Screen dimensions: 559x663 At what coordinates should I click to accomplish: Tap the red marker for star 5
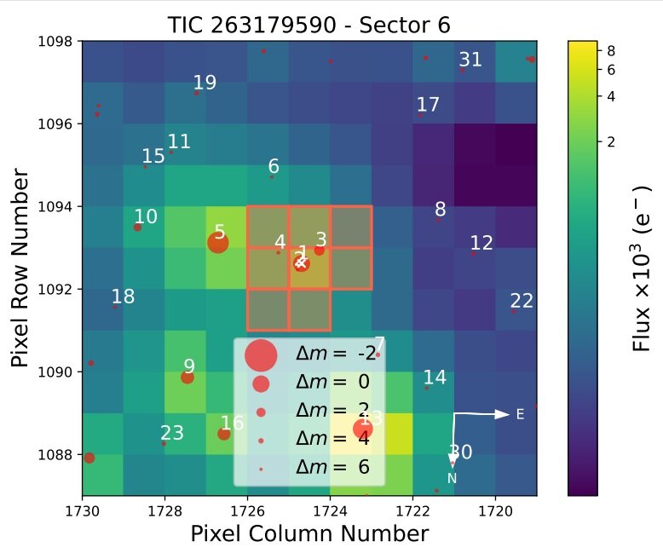click(x=218, y=243)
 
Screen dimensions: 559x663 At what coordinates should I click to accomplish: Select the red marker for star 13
click(x=363, y=429)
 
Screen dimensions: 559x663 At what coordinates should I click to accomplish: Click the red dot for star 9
click(x=187, y=377)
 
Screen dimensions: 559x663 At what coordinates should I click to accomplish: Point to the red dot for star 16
click(x=223, y=434)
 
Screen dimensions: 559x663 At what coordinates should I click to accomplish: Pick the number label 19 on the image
click(x=205, y=83)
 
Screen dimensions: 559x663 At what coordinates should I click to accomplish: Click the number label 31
click(x=470, y=60)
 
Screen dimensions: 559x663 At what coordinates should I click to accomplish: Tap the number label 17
click(x=428, y=105)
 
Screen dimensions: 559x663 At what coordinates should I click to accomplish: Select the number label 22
click(x=522, y=300)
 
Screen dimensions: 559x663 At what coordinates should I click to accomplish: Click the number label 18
click(x=123, y=297)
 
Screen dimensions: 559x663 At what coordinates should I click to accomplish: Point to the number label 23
click(x=172, y=433)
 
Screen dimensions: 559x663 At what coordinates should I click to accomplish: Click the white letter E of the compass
click(x=520, y=414)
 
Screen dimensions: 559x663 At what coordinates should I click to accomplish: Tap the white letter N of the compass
click(x=453, y=478)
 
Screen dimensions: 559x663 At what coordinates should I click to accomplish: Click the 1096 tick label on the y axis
click(x=58, y=124)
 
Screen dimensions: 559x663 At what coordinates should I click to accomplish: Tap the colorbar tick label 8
click(x=609, y=51)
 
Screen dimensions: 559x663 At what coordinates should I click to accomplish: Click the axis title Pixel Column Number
click(x=308, y=534)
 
